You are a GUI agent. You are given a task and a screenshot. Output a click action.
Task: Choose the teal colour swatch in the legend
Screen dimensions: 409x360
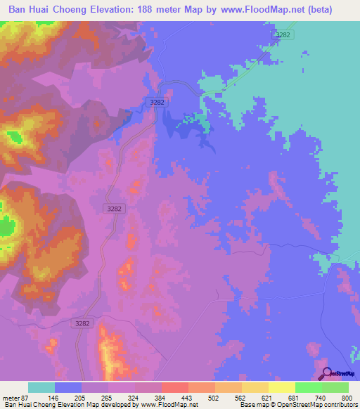pyautogui.click(x=41, y=387)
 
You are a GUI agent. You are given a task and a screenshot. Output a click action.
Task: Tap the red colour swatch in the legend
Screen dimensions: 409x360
pyautogui.click(x=174, y=387)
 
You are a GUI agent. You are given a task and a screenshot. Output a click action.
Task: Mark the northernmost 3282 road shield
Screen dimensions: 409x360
pyautogui.click(x=283, y=34)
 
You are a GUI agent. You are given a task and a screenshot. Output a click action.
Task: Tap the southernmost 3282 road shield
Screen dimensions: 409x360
pyautogui.click(x=82, y=323)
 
